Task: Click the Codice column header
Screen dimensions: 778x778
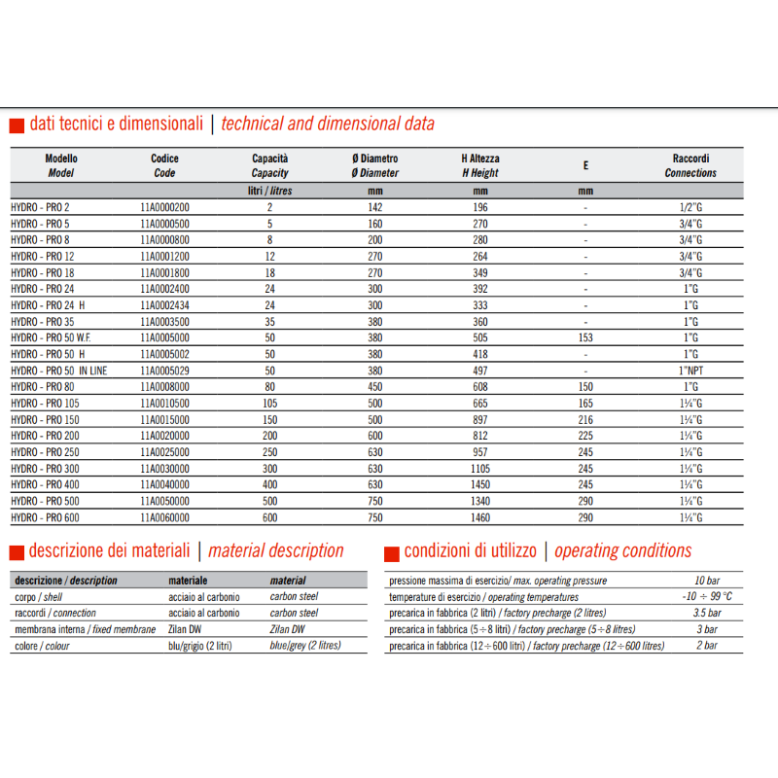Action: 164,165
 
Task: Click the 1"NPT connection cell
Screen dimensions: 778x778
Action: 690,371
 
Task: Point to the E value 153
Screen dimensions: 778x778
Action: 585,337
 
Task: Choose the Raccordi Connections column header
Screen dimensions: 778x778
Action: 690,165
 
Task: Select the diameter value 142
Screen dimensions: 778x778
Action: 375,207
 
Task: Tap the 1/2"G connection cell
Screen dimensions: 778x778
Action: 690,207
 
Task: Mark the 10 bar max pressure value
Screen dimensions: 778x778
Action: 707,581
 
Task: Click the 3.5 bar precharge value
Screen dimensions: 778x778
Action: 707,613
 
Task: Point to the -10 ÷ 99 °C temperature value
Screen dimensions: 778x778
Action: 707,596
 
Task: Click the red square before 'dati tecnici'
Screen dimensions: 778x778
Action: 16,125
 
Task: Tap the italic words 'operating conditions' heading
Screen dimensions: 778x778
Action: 622,551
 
